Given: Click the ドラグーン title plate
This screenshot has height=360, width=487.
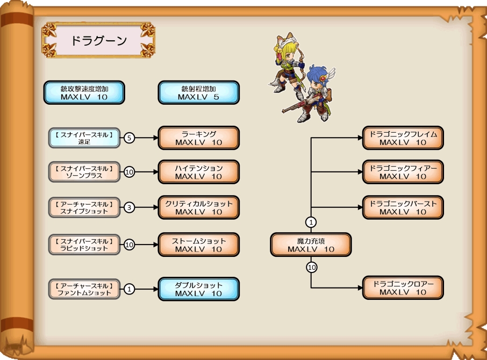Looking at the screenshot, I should click(x=98, y=40).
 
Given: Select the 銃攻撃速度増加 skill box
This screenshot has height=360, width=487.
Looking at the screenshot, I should click(x=84, y=92).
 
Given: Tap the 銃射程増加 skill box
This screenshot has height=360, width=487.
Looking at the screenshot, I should click(x=198, y=92).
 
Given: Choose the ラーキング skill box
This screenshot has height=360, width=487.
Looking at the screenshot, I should click(x=198, y=138).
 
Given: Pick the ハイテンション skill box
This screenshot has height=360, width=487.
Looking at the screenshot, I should click(x=198, y=172).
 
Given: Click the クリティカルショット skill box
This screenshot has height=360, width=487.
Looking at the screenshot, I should click(x=198, y=208).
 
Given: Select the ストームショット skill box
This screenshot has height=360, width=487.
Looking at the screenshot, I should click(x=198, y=244).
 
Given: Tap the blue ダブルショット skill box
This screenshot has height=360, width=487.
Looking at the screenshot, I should click(x=198, y=289).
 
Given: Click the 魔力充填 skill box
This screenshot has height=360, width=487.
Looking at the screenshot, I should click(x=311, y=244).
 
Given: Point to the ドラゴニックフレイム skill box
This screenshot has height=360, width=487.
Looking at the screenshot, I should click(x=403, y=138).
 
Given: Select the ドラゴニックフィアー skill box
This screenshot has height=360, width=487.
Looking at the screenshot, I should click(x=403, y=172).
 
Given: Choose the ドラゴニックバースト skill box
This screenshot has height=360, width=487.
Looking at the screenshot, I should click(x=403, y=208).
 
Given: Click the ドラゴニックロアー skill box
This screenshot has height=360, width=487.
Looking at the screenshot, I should click(x=403, y=288).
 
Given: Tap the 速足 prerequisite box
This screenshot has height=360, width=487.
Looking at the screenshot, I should click(x=84, y=138).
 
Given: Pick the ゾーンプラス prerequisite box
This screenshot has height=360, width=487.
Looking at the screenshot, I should click(x=84, y=172).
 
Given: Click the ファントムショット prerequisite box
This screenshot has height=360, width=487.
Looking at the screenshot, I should click(x=84, y=289).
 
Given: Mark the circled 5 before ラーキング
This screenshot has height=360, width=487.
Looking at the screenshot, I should click(x=129, y=138).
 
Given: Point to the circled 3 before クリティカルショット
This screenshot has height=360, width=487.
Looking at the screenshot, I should click(x=129, y=208).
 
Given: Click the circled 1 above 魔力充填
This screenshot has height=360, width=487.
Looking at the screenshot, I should click(x=311, y=221).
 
